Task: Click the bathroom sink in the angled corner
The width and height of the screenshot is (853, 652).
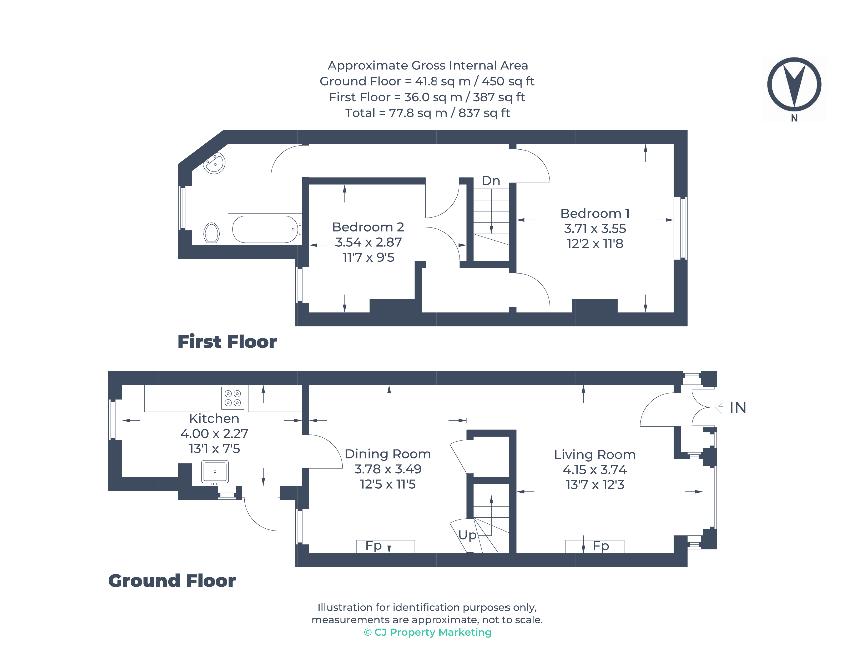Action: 214,163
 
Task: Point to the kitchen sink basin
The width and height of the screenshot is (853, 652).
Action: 215,472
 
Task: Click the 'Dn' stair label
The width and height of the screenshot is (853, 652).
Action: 491,181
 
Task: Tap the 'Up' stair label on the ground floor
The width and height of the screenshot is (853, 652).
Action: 467,535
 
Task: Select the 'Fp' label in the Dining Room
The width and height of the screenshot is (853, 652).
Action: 373,546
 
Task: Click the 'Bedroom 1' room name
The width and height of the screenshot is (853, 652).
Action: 594,214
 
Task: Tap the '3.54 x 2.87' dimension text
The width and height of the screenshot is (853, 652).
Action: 368,242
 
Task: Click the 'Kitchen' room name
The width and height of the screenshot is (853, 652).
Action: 214,419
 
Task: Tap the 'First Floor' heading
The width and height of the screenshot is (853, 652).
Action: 227,342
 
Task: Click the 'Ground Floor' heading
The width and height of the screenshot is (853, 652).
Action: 171,581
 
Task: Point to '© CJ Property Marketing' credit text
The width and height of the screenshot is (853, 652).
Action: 427,633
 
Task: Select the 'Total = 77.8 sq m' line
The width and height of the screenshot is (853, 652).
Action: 427,113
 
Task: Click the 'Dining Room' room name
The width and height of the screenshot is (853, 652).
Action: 387,454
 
